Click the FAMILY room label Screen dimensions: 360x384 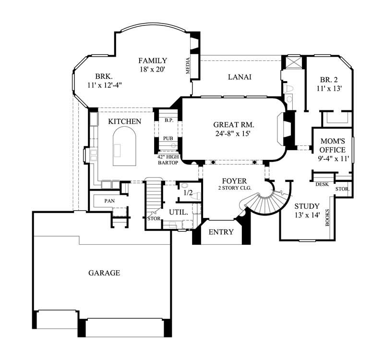click(x=153, y=60)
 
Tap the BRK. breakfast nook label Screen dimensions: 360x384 click(x=103, y=76)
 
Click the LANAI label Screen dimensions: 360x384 click(x=240, y=77)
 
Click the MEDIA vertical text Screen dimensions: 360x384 click(x=188, y=66)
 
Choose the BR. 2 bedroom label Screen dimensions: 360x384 click(x=330, y=80)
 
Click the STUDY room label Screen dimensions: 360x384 click(x=307, y=206)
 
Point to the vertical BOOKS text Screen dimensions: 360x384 click(x=328, y=217)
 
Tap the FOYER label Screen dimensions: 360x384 click(x=234, y=181)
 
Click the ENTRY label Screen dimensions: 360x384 click(x=221, y=232)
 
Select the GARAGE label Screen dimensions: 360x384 click(x=104, y=273)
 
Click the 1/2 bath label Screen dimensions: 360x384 click(x=188, y=192)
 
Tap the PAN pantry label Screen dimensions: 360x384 click(x=109, y=200)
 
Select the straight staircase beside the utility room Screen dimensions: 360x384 click(x=154, y=197)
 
